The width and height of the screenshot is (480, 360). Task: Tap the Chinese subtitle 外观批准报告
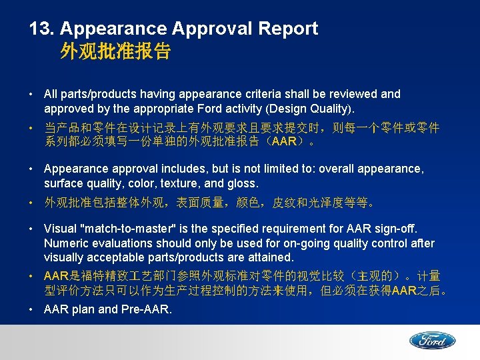[x=115, y=52]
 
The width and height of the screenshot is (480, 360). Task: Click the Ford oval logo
[x=432, y=341]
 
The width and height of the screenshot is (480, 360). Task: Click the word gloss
[x=244, y=183]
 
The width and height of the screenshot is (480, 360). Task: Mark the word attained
[x=271, y=257]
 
